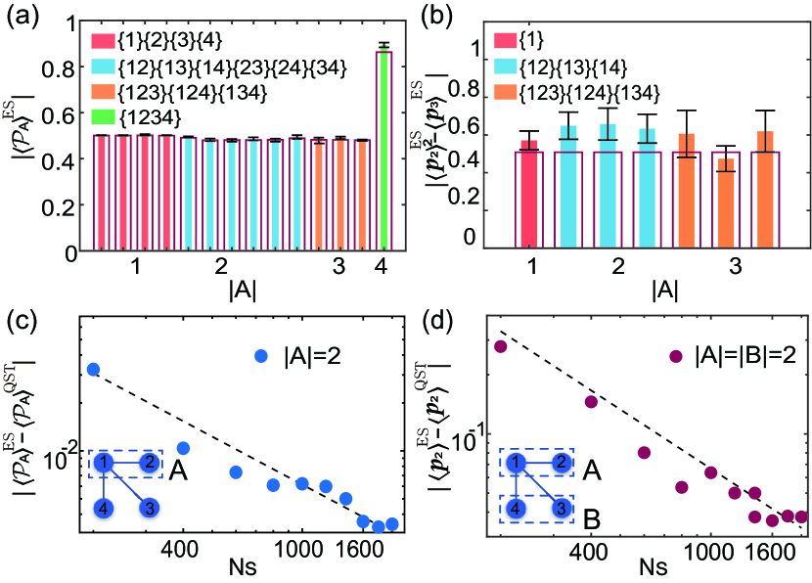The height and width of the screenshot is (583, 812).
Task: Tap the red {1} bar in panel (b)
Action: point(529,196)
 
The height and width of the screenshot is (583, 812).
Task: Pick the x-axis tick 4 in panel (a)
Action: point(383,266)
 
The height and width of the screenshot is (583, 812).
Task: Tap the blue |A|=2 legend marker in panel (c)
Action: point(261,357)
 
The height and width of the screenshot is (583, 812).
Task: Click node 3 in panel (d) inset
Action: point(562,508)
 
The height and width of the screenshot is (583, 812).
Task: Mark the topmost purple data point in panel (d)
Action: point(500,346)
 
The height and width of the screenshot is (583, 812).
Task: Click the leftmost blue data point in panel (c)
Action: point(94,369)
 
